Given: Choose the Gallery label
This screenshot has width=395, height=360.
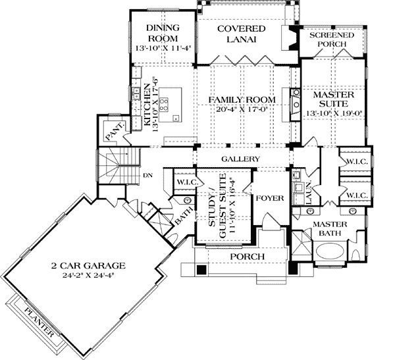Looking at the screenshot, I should point(240,160).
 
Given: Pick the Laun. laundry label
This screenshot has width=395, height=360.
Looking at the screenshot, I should point(307,196).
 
